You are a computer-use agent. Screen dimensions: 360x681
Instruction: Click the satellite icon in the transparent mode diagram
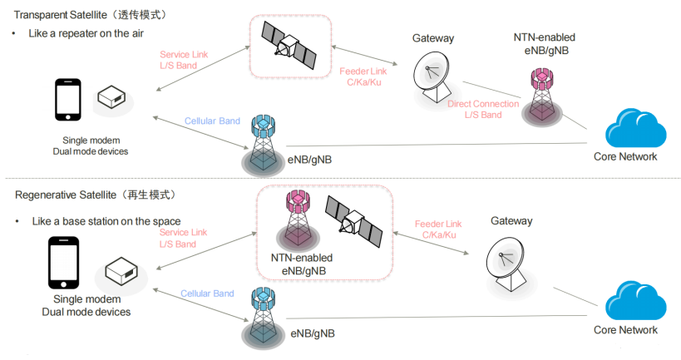289,46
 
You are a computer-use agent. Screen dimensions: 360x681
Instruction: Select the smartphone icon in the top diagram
68,101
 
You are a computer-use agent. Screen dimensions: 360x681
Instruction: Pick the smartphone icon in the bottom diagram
63,264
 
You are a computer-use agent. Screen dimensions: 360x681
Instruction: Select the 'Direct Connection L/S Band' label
482,110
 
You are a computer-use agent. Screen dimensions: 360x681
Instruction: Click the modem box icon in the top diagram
111,98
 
